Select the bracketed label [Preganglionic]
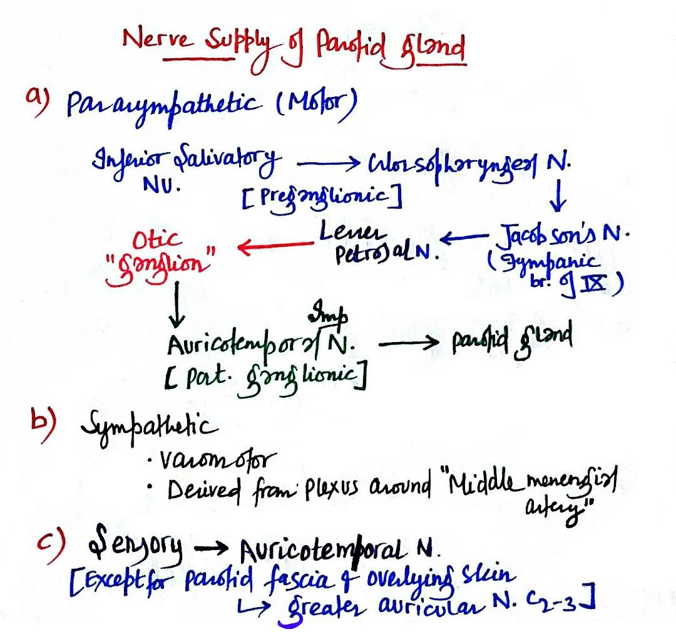320,198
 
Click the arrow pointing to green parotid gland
407,344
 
